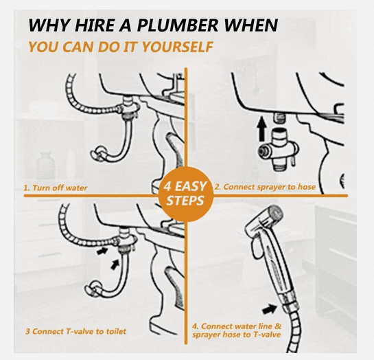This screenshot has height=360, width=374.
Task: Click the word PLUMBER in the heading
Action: [178, 25]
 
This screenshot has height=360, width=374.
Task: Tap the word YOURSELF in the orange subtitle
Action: [178, 47]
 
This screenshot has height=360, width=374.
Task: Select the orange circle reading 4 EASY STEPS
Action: [185, 194]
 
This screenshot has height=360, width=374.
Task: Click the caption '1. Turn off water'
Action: [56, 188]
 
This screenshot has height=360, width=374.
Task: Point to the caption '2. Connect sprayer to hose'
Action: [265, 187]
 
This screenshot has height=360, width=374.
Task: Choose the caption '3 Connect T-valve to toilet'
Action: [76, 331]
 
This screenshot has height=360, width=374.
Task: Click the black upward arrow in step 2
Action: [262, 128]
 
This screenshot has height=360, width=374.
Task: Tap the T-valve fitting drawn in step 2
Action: [278, 149]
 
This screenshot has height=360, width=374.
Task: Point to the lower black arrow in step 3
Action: [115, 265]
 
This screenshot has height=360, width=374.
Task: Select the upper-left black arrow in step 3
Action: [102, 251]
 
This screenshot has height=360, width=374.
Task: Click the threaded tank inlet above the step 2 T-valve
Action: [279, 118]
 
